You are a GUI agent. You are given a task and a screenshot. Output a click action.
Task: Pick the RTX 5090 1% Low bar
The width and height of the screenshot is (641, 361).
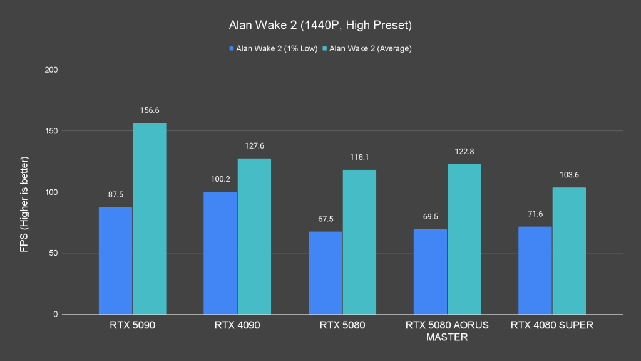coord(115,260)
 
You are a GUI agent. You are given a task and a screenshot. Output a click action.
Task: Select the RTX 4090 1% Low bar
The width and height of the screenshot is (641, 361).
coord(220,253)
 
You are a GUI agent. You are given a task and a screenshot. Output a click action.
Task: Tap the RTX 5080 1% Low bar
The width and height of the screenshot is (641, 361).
coord(326,273)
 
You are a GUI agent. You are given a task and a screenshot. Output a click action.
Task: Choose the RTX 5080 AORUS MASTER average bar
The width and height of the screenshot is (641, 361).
coord(464,239)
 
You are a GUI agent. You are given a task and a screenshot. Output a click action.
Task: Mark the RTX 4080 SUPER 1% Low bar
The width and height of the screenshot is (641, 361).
coord(535,270)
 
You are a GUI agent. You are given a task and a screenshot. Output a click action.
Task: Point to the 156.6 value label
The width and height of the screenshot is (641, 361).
coord(149,110)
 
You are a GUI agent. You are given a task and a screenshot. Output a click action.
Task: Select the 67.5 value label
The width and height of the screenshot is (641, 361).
coord(326,219)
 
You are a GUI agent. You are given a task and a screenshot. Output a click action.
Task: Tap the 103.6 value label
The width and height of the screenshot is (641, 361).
coord(569,175)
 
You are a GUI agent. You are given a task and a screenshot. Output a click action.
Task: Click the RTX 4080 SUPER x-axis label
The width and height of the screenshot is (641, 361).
coord(552,325)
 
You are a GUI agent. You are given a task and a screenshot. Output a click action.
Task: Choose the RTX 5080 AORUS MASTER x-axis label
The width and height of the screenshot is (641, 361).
coord(447,331)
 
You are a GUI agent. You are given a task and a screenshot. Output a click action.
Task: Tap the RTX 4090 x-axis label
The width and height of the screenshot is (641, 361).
coord(237,325)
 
